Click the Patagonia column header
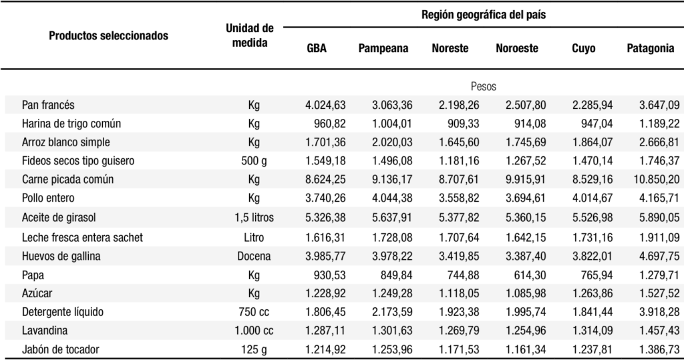[651, 49]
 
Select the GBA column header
[317, 48]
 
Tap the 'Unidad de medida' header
[250, 35]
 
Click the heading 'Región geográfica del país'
[484, 15]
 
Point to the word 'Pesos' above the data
[484, 86]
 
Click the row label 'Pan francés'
[48, 105]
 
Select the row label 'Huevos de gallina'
[61, 256]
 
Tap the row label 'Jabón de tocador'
[61, 349]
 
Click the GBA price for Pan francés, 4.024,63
[325, 105]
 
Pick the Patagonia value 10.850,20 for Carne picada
[656, 180]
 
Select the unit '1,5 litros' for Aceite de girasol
[254, 217]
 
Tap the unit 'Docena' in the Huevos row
[254, 256]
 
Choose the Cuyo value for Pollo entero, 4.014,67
[592, 198]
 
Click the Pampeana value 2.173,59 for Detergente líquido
[392, 313]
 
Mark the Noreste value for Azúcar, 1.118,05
[459, 294]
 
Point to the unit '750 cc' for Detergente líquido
[254, 313]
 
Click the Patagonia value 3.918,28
[659, 313]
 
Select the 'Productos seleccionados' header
[109, 36]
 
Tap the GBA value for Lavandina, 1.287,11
[325, 331]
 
